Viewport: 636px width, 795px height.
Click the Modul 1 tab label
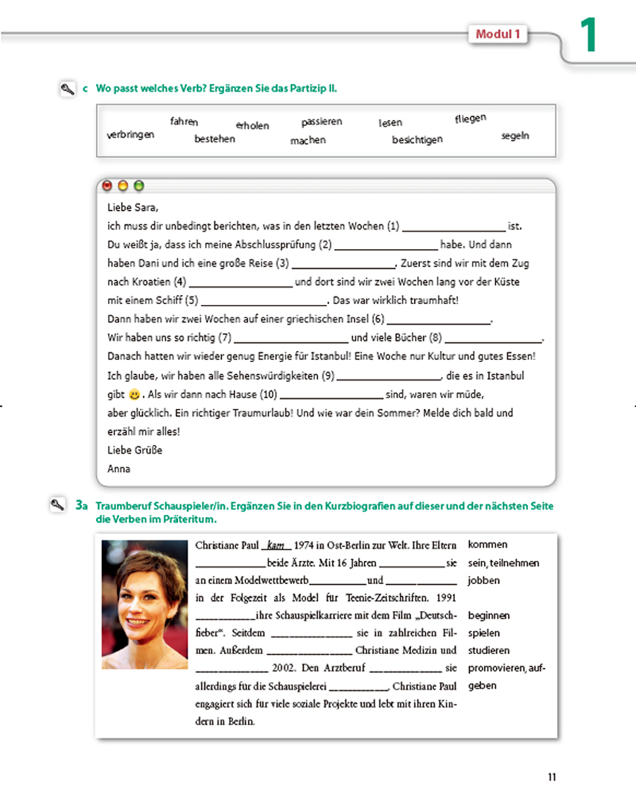tap(499, 34)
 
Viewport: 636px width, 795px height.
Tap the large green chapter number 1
tap(588, 36)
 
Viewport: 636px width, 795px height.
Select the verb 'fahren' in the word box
tap(184, 122)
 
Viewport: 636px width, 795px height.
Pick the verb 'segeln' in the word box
tap(515, 136)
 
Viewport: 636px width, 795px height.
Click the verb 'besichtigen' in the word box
tap(417, 139)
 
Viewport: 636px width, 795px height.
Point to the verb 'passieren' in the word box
tap(322, 122)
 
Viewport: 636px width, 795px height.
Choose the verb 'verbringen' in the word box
tap(130, 134)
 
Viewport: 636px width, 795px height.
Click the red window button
tap(107, 187)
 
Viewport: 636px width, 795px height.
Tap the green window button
tap(139, 187)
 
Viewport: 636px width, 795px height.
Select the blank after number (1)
tap(454, 227)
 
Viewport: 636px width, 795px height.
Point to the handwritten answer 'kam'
tap(275, 545)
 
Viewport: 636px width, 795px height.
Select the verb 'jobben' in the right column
tap(483, 581)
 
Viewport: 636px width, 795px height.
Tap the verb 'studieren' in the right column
tap(488, 650)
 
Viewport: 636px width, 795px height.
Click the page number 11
tap(552, 777)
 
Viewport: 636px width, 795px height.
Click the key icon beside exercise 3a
tap(57, 505)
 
